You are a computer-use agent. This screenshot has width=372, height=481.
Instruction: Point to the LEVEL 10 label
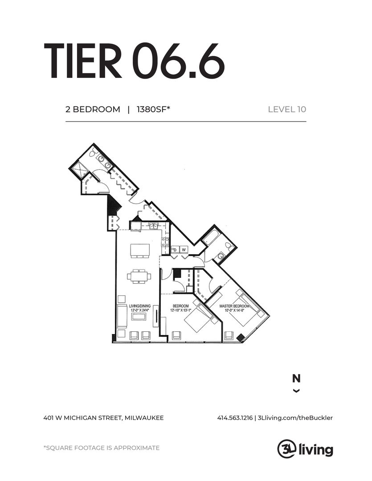pyautogui.click(x=286, y=109)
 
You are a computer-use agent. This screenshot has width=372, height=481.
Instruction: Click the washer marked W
pyautogui.click(x=184, y=249)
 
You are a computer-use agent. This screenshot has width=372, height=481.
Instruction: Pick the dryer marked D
pyautogui.click(x=174, y=249)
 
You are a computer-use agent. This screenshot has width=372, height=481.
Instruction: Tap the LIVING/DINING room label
pyautogui.click(x=139, y=306)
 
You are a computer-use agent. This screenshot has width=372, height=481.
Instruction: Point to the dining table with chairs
pyautogui.click(x=139, y=276)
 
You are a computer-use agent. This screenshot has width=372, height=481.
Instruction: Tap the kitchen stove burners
pyautogui.click(x=165, y=242)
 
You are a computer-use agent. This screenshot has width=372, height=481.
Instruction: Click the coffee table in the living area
pyautogui.click(x=139, y=317)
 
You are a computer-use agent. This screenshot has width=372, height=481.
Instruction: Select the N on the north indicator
pyautogui.click(x=296, y=379)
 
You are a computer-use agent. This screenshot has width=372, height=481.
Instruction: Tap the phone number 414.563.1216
pyautogui.click(x=235, y=418)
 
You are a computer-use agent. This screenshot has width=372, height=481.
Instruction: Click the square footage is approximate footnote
pyautogui.click(x=101, y=448)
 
